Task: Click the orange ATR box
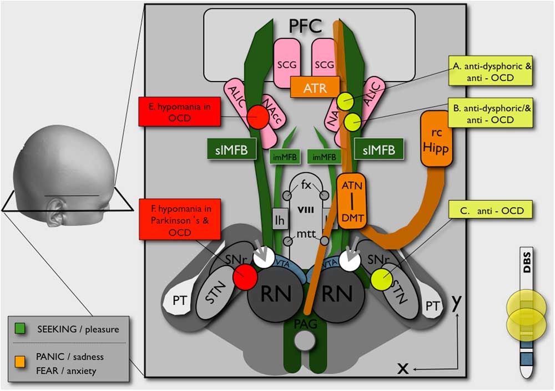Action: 314,87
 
